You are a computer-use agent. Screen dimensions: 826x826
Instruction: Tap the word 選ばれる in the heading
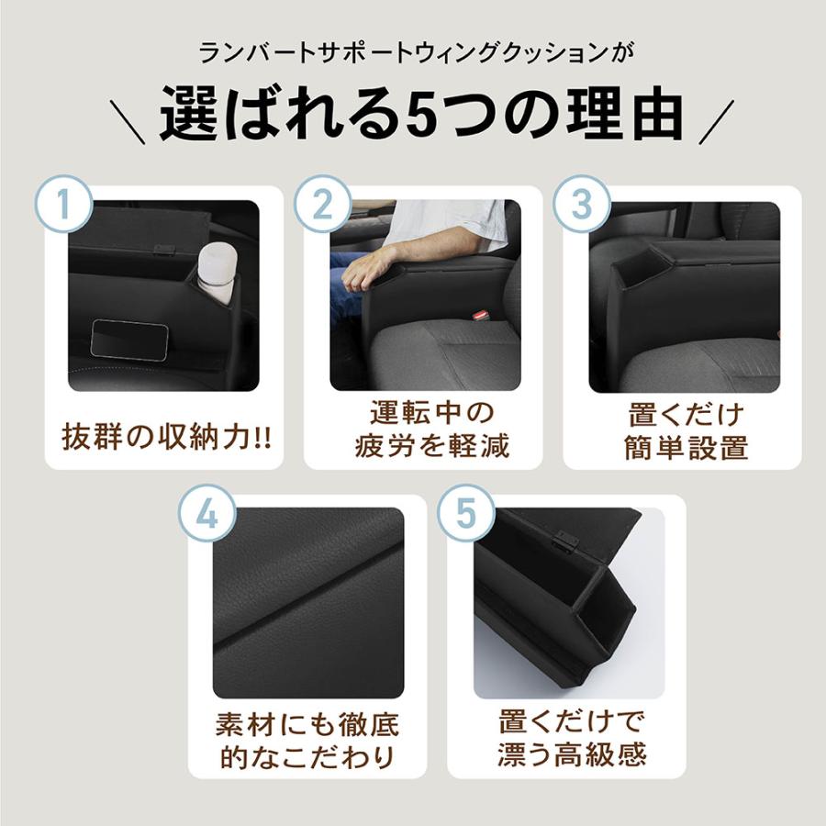coord(281,114)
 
